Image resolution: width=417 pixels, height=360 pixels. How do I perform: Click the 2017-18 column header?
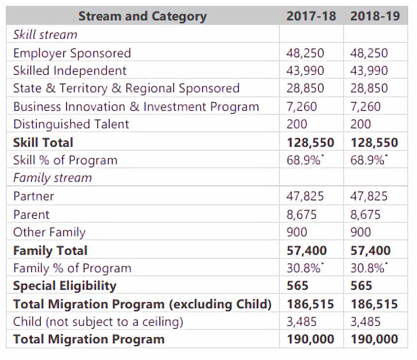[x=311, y=16]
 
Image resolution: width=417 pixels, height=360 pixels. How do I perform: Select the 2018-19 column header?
[x=375, y=16]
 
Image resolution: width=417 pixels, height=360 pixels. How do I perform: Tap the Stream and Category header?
[x=142, y=17]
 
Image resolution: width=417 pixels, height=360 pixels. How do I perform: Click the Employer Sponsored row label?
[x=72, y=53]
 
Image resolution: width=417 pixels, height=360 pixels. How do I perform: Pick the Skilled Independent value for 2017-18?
[x=305, y=71]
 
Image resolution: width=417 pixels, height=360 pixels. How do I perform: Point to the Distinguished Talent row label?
[x=71, y=124]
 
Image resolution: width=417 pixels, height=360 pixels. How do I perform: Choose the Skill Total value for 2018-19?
[x=374, y=143]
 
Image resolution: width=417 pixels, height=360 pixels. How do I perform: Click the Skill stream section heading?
[x=45, y=35]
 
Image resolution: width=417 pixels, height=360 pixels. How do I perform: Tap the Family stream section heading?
[x=52, y=178]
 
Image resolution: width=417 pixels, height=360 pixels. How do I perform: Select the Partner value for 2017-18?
[x=305, y=196]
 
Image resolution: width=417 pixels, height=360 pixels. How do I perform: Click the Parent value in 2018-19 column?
[x=365, y=215]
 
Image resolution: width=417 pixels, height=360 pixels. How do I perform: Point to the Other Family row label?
[x=49, y=232]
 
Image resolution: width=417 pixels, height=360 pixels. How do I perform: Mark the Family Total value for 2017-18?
[x=306, y=251]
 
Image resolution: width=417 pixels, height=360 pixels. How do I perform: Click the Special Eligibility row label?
[x=65, y=286]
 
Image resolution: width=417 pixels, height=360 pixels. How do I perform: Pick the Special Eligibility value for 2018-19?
[x=361, y=286]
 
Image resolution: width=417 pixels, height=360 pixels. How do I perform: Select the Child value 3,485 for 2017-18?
[x=301, y=322]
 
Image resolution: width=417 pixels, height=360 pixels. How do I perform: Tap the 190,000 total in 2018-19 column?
[x=374, y=339]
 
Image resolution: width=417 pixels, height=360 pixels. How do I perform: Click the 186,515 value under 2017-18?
[x=310, y=304]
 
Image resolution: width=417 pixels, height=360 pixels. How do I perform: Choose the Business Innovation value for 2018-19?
[x=365, y=107]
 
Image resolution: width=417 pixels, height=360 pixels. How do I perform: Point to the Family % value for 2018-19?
[x=368, y=268]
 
